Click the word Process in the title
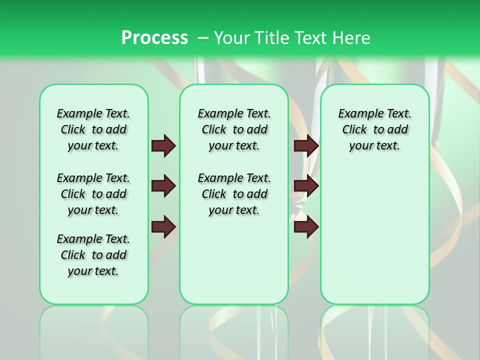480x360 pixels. point(154,37)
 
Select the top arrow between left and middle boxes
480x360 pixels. point(163,146)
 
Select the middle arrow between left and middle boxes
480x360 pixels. point(163,186)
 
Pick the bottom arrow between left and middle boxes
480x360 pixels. point(163,227)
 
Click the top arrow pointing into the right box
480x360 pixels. point(306,146)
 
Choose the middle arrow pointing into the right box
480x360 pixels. point(306,186)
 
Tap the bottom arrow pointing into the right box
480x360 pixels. point(306,227)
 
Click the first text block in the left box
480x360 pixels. point(93,129)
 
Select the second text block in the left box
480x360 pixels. point(93,194)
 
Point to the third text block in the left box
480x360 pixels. point(93,255)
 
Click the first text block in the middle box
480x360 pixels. point(234,129)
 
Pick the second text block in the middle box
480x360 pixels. point(234,194)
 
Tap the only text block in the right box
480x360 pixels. point(374,129)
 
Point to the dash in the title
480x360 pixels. point(203,37)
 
